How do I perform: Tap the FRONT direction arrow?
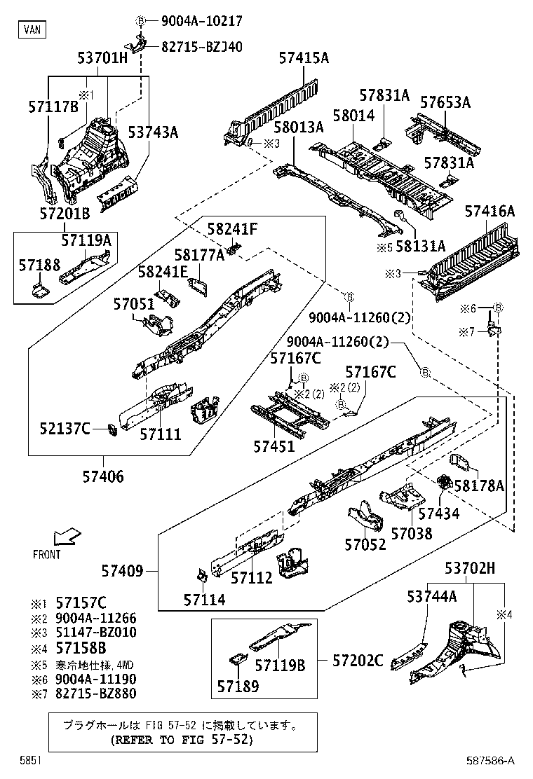(68, 537)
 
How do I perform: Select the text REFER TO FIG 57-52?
(182, 739)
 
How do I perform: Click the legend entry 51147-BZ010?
(96, 632)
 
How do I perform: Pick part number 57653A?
(445, 102)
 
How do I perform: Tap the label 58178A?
(479, 485)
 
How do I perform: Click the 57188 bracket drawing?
(39, 289)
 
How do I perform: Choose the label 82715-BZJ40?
(202, 48)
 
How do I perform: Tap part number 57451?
(275, 446)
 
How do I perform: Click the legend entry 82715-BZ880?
(96, 694)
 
